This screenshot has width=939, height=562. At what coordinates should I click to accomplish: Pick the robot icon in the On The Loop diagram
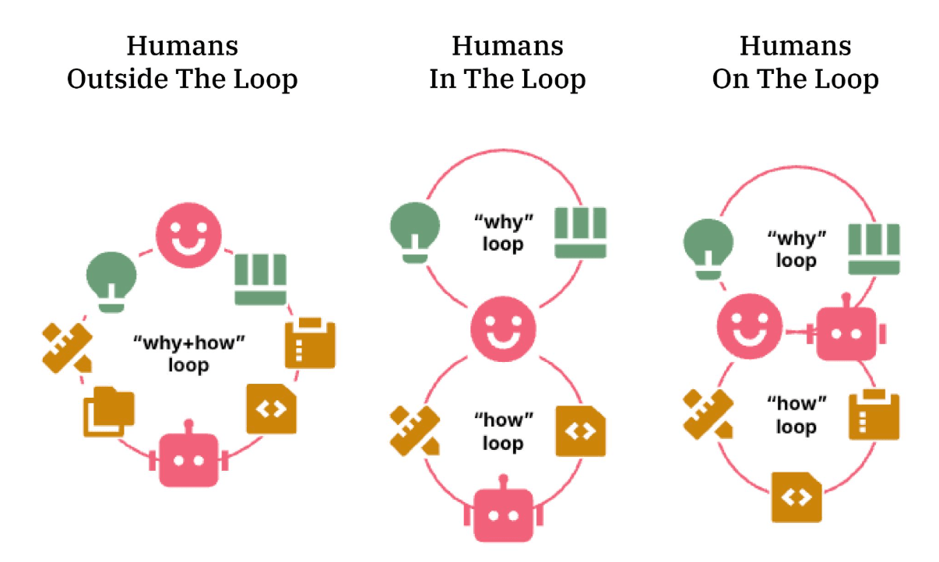click(x=847, y=332)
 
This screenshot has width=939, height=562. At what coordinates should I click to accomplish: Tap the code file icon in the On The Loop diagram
click(x=797, y=497)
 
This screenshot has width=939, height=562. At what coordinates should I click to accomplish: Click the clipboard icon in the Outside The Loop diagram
click(x=311, y=342)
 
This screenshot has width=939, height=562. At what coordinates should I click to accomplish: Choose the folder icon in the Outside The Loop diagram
click(x=108, y=411)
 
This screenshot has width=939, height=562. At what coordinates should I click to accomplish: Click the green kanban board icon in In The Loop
click(x=579, y=232)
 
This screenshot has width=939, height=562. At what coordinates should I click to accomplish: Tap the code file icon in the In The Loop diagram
click(x=580, y=430)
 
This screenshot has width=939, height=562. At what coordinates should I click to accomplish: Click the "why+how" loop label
click(x=188, y=353)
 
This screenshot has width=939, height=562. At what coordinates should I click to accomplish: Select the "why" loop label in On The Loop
click(x=796, y=248)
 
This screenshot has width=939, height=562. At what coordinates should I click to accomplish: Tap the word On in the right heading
click(x=730, y=79)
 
